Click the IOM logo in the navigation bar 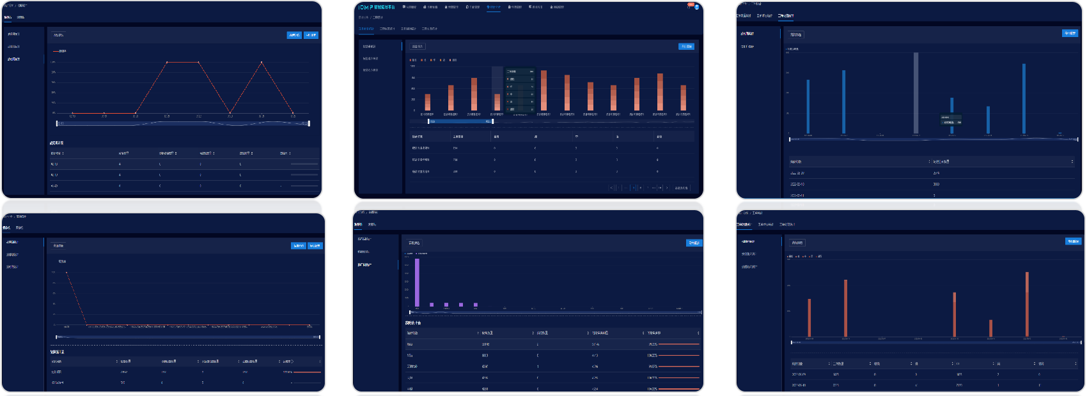point(363,7)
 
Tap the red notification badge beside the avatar point(691,4)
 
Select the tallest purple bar point(417,282)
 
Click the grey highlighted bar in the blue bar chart point(916,93)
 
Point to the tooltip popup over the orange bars point(520,90)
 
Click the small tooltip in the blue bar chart point(951,119)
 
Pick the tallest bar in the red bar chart point(1027,304)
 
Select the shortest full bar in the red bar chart point(990,328)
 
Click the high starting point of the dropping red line point(66,273)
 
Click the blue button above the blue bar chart point(1069,33)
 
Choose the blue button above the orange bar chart point(686,47)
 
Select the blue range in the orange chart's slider point(460,121)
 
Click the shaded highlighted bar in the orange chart point(497,90)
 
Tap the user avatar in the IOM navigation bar point(697,7)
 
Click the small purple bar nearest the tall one point(432,305)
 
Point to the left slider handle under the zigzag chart point(57,123)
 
